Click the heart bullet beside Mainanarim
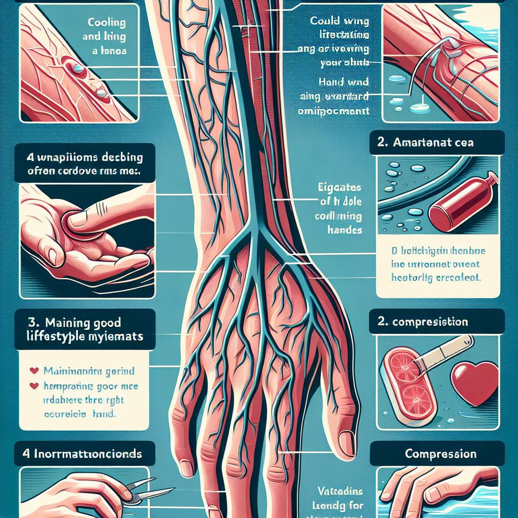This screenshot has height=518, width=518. coord(35,371)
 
